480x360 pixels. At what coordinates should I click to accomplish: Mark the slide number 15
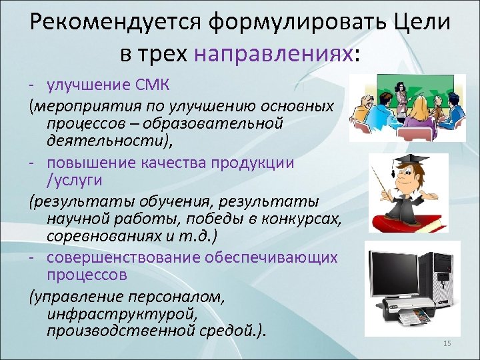[447, 343]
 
